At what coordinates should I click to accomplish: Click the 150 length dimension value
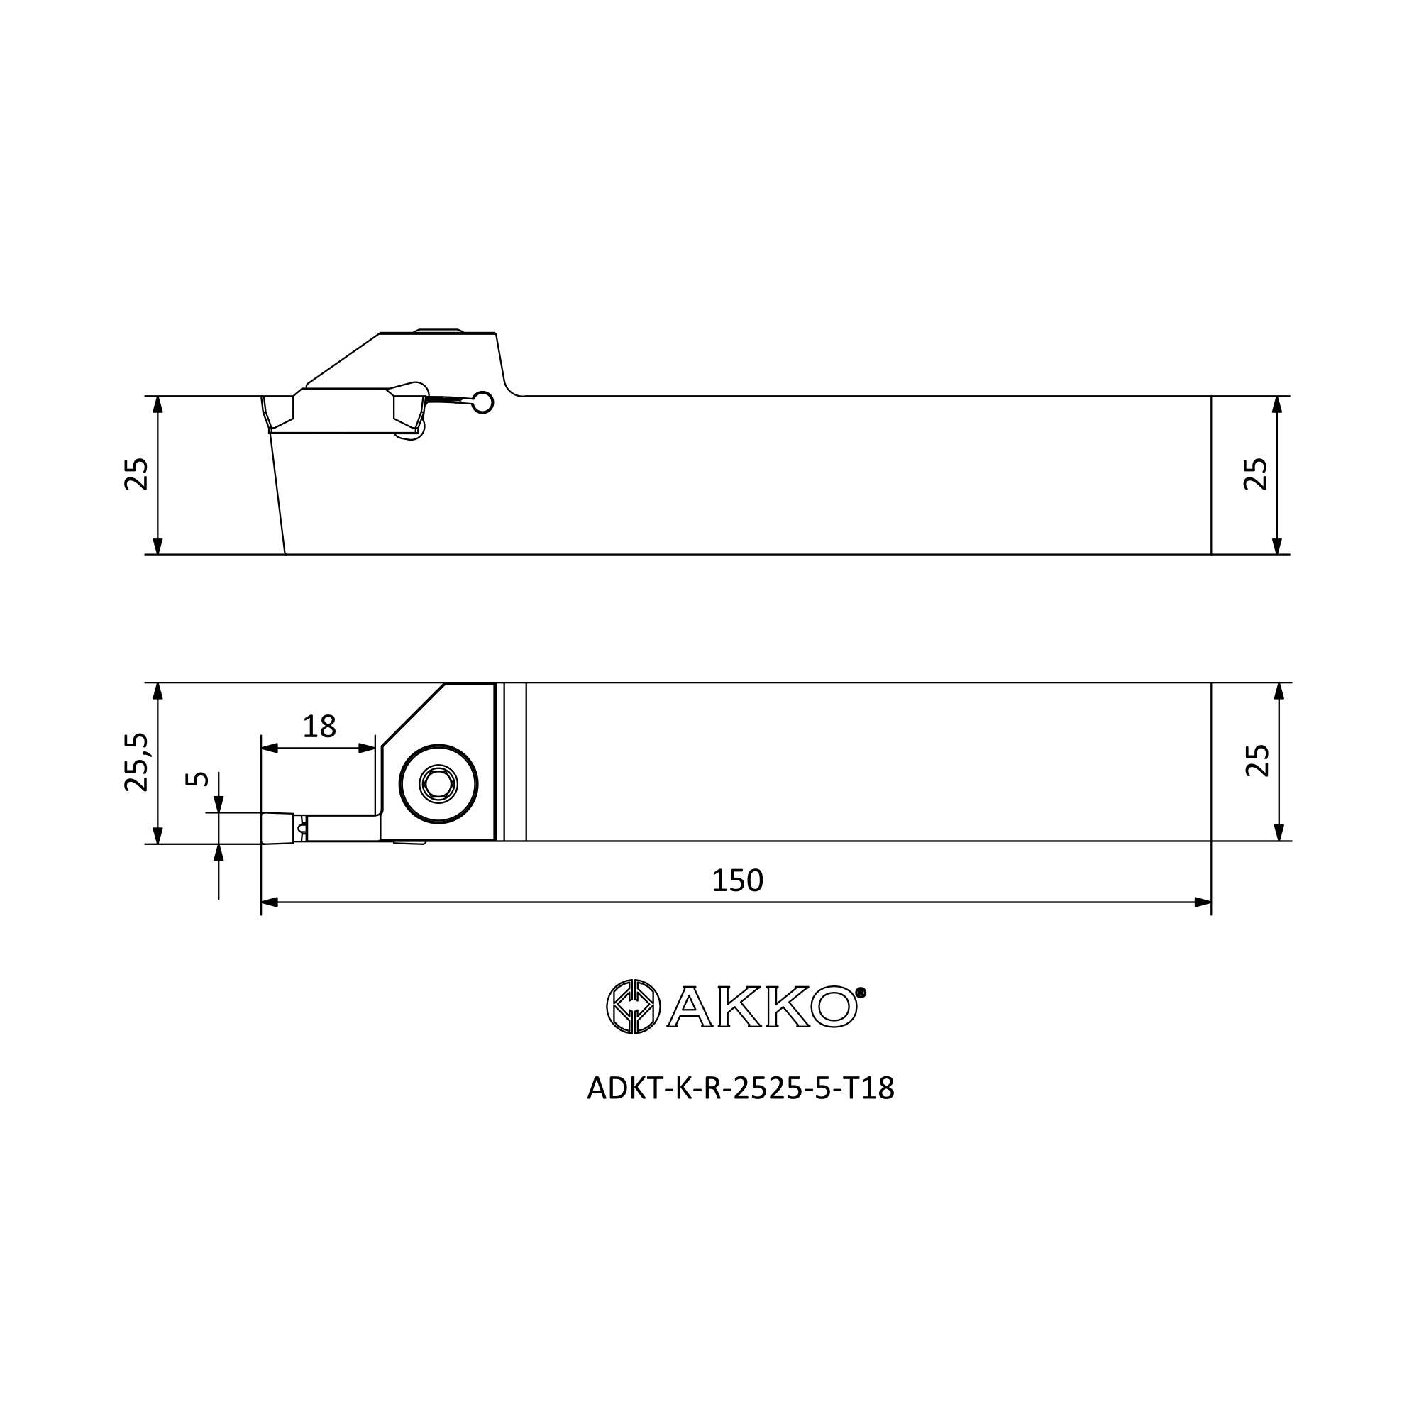coord(737,880)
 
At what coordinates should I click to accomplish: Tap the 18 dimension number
coord(319,727)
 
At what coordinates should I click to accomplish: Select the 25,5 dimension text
coord(137,761)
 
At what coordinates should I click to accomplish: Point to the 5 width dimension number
coord(197,778)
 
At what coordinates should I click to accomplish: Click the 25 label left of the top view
coord(137,474)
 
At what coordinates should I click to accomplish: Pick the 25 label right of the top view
coord(1255,474)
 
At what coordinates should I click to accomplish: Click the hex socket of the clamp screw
coord(438,785)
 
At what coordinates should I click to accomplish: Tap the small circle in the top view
coord(482,402)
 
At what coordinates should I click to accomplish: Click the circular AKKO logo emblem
coord(633,1006)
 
